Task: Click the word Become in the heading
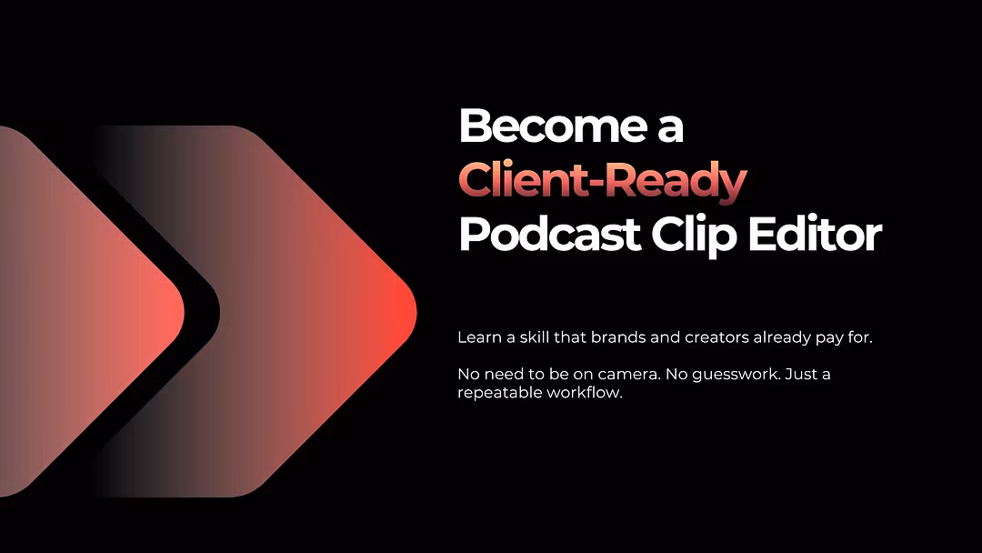(553, 126)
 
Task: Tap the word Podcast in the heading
(549, 235)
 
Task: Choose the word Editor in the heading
(815, 235)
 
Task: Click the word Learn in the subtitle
(480, 337)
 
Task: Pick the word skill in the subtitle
(535, 337)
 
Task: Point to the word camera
(629, 375)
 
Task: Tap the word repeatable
(499, 393)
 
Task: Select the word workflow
(585, 393)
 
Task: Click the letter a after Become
(671, 130)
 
